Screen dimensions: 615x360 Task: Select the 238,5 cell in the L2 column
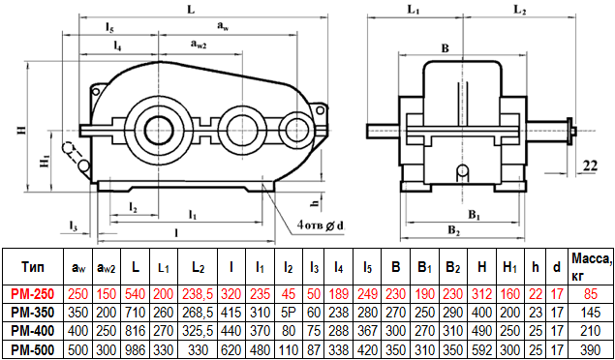pos(199,292)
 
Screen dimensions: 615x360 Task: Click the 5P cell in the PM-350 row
pos(289,313)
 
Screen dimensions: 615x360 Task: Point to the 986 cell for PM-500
pos(136,349)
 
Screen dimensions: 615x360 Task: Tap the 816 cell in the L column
pos(136,331)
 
